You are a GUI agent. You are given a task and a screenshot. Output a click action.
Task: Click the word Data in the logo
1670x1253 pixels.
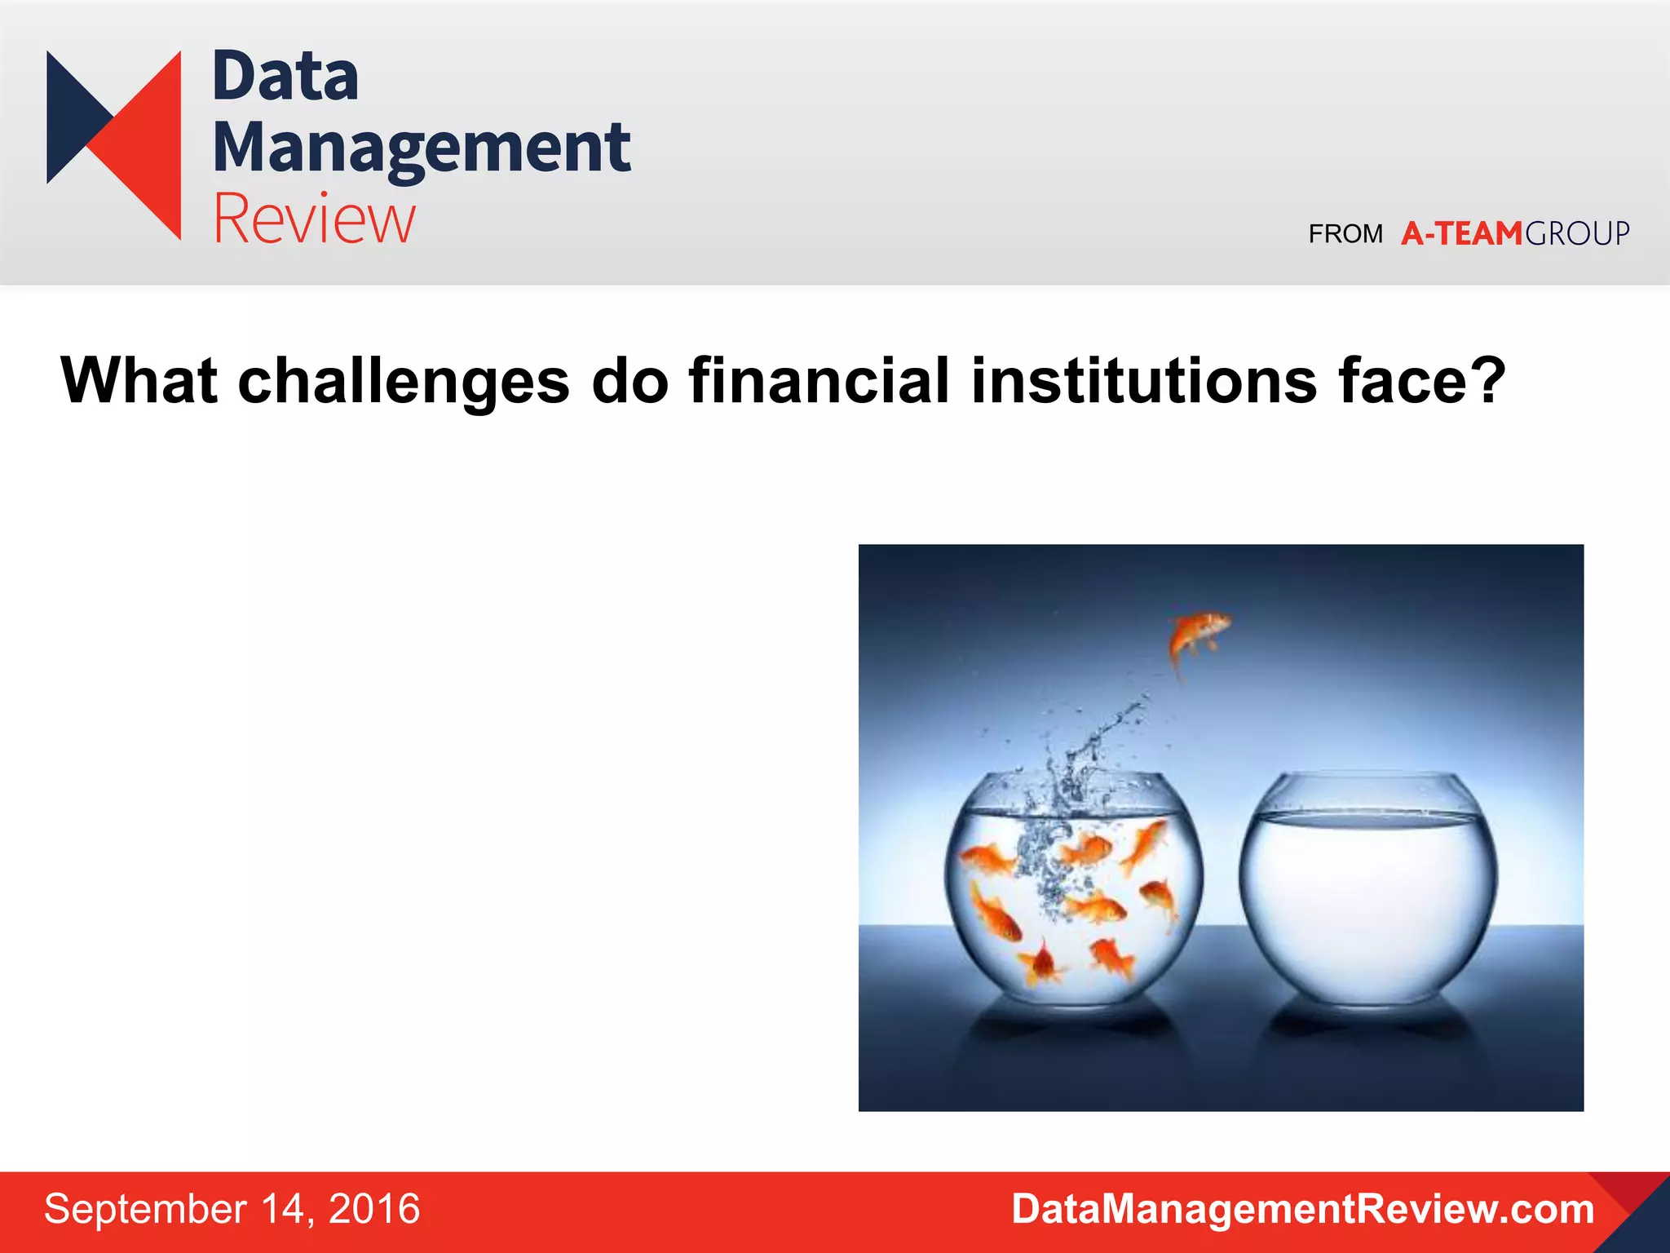click(285, 77)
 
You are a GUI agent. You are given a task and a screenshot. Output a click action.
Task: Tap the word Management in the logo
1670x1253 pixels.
click(421, 148)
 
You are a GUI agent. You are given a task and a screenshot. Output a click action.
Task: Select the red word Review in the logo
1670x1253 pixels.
click(314, 219)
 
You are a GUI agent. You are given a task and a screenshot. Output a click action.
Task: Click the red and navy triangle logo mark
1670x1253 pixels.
click(114, 145)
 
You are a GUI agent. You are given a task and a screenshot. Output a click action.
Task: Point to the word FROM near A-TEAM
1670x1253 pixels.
click(1345, 234)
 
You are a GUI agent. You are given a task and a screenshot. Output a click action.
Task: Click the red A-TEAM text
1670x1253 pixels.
click(1461, 234)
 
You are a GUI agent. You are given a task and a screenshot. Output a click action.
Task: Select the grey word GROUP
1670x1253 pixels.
click(1577, 234)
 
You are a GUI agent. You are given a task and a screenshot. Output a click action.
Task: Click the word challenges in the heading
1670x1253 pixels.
click(404, 381)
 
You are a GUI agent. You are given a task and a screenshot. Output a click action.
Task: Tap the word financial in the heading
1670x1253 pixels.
click(819, 381)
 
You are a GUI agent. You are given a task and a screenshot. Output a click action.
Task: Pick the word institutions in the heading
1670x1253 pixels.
click(1143, 381)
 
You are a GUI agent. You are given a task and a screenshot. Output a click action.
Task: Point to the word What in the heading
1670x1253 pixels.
click(139, 381)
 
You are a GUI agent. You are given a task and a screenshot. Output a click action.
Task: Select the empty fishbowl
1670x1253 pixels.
click(1367, 889)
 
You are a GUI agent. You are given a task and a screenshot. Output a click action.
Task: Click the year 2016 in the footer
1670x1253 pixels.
click(373, 1209)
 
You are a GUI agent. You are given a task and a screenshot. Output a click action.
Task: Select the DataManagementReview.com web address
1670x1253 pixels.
click(1302, 1209)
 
